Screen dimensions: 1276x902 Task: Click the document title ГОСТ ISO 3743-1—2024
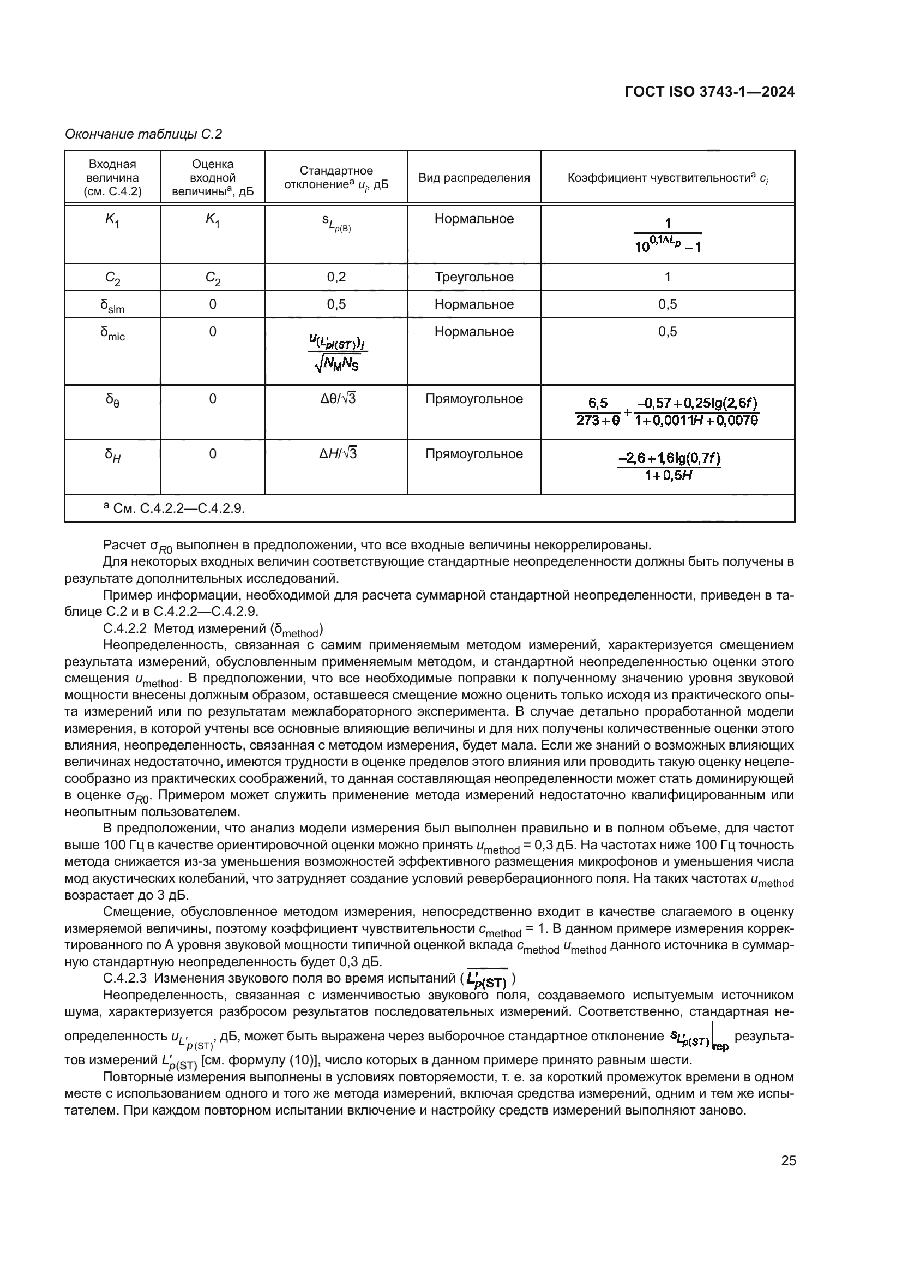(x=709, y=92)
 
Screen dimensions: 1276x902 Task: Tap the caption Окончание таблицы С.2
(x=143, y=134)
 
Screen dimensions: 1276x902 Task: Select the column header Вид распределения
(x=474, y=178)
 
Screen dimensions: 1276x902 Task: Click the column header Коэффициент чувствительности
(x=667, y=178)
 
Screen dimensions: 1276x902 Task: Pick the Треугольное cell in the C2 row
(x=474, y=277)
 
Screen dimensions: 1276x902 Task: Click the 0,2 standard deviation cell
(x=336, y=277)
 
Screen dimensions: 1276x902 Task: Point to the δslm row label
(x=112, y=305)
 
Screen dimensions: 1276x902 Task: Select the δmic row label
(x=112, y=333)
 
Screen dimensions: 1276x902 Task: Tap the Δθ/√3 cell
(x=337, y=398)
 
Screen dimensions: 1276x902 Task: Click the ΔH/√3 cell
(x=337, y=453)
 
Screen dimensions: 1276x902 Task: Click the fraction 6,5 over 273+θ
(x=598, y=412)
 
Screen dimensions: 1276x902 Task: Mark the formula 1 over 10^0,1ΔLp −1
(x=667, y=235)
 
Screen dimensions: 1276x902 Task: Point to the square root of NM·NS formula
(x=336, y=365)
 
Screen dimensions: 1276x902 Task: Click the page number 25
(x=788, y=1160)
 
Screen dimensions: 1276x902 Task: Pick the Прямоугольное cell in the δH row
(x=474, y=453)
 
